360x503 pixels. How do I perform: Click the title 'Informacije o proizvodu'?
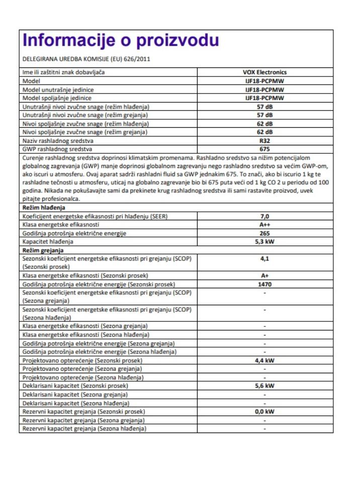121,40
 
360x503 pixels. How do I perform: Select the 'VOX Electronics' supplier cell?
264,72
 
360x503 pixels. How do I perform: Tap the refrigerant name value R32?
264,141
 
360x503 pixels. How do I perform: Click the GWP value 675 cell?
264,149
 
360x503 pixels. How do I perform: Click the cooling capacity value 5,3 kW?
264,241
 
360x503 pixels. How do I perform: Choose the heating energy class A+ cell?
264,276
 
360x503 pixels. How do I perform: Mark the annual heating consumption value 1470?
264,284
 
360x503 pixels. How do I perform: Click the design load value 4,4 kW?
264,360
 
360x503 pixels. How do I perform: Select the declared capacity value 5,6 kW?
264,386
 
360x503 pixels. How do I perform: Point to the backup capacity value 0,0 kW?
264,411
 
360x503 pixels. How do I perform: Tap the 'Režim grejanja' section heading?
43,249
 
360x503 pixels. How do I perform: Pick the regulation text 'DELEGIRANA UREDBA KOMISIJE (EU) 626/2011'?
86,59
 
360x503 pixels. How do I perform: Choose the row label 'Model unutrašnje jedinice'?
58,90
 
